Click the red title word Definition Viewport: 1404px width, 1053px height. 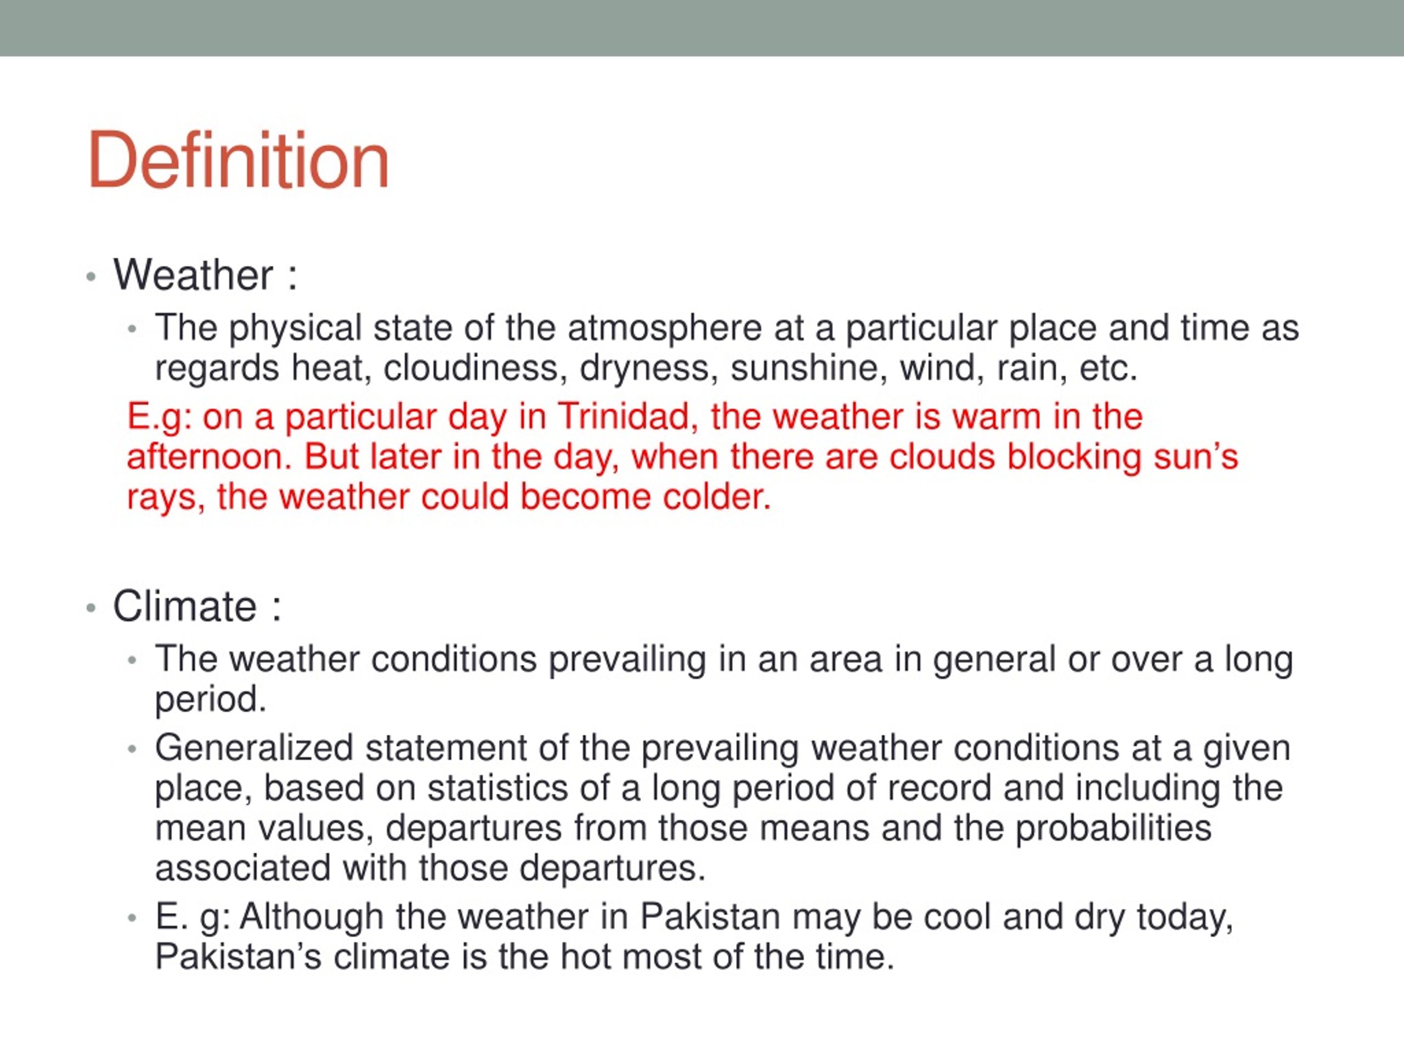coord(238,160)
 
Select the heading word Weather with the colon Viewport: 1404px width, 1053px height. coord(205,275)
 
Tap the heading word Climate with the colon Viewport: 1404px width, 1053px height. coord(197,606)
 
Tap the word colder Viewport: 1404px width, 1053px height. coord(717,497)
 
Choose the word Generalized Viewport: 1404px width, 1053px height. coord(254,748)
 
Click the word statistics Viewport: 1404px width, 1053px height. coord(497,788)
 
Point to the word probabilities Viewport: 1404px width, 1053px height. coord(1113,828)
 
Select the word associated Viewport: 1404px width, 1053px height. coord(243,868)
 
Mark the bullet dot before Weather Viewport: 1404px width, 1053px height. coord(92,278)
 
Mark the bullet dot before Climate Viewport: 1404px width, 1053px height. coord(92,608)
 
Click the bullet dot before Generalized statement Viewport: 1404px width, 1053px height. coord(132,750)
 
